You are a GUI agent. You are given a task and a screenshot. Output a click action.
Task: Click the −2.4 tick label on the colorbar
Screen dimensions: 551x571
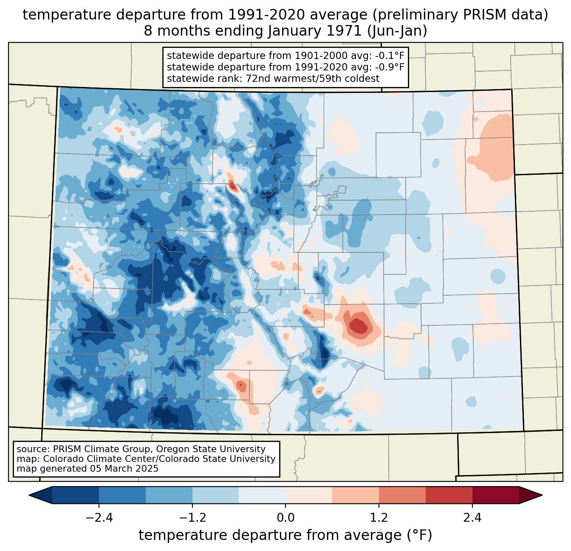(99, 518)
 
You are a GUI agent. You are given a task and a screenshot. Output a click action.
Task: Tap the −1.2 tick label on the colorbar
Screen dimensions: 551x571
(192, 518)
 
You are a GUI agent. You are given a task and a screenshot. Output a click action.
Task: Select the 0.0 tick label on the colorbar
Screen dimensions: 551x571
(285, 518)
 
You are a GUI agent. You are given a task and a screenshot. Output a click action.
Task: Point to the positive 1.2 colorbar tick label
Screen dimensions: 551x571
(379, 518)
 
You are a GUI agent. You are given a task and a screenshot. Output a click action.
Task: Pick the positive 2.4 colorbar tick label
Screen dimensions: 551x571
(472, 518)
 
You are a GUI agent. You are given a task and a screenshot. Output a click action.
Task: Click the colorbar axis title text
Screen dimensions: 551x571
(285, 535)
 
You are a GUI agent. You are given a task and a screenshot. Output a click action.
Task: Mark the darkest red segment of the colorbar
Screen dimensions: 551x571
(495, 495)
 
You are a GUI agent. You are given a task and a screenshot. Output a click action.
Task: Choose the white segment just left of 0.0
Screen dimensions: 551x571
(262, 495)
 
